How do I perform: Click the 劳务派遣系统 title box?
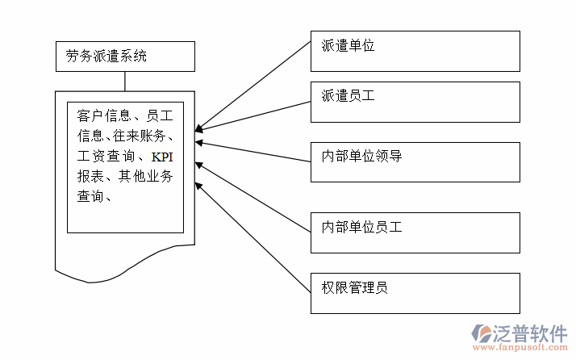[125, 57]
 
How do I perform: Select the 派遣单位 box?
[415, 51]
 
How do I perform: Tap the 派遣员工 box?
[415, 100]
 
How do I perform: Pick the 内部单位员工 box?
[415, 232]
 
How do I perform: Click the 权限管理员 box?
[415, 293]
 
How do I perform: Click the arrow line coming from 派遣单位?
[253, 85]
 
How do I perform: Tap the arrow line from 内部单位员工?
[253, 197]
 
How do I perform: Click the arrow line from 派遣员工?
[253, 114]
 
